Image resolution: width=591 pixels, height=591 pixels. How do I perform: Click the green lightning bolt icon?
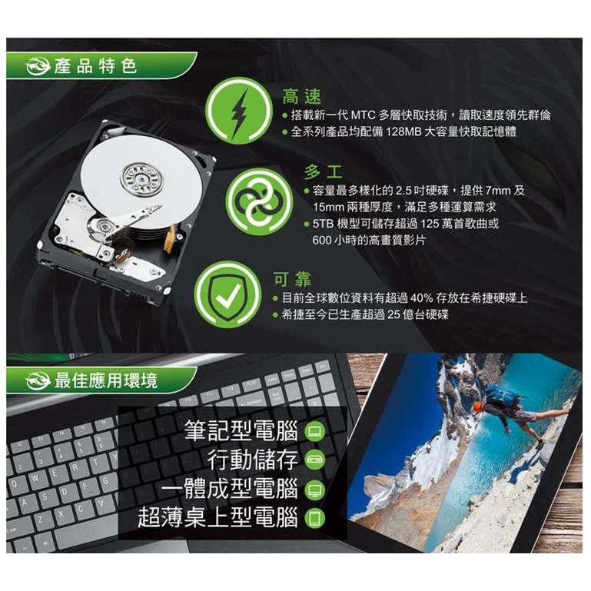coord(239,111)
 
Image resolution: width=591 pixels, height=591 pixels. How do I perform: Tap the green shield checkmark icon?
coord(227,294)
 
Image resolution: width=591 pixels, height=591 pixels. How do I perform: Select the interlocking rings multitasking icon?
coord(259,201)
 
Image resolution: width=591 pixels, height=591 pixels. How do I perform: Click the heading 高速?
coord(302,97)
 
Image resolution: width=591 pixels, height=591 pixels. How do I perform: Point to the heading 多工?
coord(324,172)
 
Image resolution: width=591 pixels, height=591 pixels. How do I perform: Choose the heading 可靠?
coord(293,279)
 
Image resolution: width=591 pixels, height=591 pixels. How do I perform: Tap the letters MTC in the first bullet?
coord(364,115)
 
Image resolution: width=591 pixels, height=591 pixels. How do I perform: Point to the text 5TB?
coord(323,224)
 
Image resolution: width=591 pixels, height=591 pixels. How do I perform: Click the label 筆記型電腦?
coord(241,430)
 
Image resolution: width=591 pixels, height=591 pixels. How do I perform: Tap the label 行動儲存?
coord(253,460)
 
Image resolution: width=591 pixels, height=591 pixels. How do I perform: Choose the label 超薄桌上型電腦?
coord(217,517)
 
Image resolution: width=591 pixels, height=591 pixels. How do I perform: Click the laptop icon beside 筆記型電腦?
coord(315,431)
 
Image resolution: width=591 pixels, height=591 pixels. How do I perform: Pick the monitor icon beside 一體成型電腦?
coord(315,490)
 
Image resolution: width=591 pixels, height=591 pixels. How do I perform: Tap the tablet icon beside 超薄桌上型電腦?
coord(315,518)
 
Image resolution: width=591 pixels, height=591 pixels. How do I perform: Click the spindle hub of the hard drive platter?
coord(141,178)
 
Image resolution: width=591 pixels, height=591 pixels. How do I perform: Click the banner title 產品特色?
coord(95,66)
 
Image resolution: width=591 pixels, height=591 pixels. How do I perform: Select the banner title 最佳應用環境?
coord(106,380)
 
